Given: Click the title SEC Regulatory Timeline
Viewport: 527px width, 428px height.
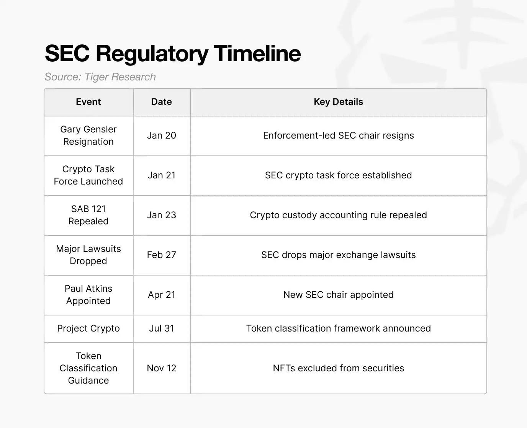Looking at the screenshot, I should pos(173,53).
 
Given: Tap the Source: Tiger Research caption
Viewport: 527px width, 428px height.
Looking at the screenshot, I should pos(100,77).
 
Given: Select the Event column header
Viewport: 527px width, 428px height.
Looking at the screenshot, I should pos(88,102).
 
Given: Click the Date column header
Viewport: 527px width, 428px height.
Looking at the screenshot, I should pos(162,102).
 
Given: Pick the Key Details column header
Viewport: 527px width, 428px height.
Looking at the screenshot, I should pos(338,102).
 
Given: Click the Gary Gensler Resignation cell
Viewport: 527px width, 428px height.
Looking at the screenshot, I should pos(88,136).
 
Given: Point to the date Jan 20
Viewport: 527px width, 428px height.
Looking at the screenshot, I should pos(162,136).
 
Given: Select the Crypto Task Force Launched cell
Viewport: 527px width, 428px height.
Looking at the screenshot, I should pos(88,175).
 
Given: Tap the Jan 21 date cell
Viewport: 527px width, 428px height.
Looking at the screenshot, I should pos(162,175).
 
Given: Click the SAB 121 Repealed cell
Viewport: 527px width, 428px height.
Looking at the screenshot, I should pos(88,215).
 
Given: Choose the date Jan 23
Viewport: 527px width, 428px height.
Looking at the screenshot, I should pos(162,215).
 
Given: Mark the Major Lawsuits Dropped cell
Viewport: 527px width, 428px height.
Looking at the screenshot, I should pos(88,255).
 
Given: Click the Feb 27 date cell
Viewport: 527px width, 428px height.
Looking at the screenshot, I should pos(162,255).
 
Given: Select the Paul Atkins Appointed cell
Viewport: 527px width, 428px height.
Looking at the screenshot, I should pos(88,295).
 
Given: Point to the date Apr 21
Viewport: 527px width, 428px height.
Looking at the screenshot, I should pos(162,295).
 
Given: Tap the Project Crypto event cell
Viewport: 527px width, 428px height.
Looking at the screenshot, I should pos(88,328).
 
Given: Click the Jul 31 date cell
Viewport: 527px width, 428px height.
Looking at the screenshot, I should pos(162,328).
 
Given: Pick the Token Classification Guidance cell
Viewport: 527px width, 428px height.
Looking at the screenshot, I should pos(88,368).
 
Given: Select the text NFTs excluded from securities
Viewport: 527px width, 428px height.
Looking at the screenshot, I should pos(338,368).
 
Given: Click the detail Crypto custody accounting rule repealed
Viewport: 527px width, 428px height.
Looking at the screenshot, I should pos(338,215).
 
